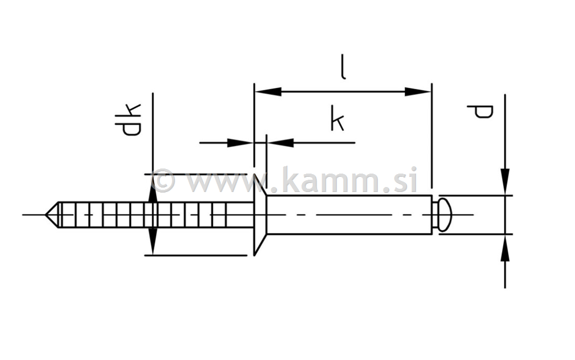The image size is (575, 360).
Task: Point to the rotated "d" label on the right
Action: pyautogui.click(x=481, y=111)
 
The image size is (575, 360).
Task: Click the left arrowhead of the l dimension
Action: pyautogui.click(x=268, y=92)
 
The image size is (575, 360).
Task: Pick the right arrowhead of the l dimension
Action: pyautogui.click(x=418, y=92)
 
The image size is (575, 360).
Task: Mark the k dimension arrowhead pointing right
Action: pyautogui.click(x=239, y=143)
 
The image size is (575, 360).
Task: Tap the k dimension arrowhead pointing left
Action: pyautogui.click(x=281, y=143)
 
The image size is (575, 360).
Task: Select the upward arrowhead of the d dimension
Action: pyautogui.click(x=505, y=248)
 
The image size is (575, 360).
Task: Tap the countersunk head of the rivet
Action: pyautogui.click(x=259, y=215)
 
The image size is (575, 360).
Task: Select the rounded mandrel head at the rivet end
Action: pyautogui.click(x=444, y=215)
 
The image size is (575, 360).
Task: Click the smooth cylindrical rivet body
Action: pyautogui.click(x=348, y=215)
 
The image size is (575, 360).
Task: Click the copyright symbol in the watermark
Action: pyautogui.click(x=163, y=181)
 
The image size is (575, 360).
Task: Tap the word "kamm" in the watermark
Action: pyautogui.click(x=334, y=181)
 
